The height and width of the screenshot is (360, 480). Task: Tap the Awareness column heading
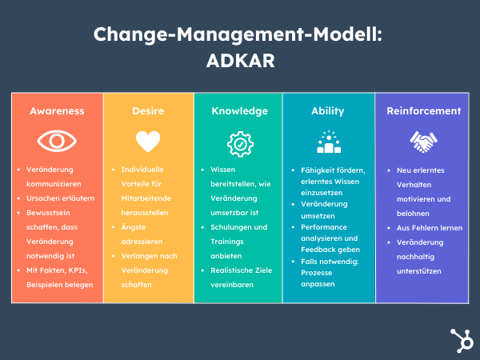coord(57,111)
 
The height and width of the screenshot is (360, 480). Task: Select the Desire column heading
coord(148,111)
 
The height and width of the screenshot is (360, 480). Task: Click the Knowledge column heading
coord(239,111)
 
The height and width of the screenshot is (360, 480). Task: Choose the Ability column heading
coord(328,111)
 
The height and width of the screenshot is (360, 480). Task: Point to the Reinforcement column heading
coord(423,111)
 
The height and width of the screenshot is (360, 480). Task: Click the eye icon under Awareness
coord(57,142)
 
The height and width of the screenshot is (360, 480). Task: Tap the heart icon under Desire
coord(148,142)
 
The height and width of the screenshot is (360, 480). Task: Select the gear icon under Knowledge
coord(239,143)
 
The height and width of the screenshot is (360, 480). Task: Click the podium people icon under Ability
coord(328,143)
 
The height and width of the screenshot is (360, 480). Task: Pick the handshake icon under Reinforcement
coord(423,142)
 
